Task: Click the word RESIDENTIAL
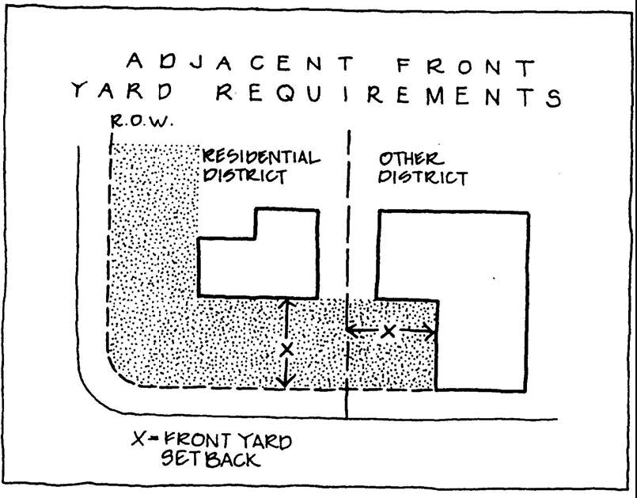click(x=260, y=156)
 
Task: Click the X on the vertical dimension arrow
click(x=287, y=348)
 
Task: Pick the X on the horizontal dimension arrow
click(x=388, y=331)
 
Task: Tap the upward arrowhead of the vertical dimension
click(x=287, y=302)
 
